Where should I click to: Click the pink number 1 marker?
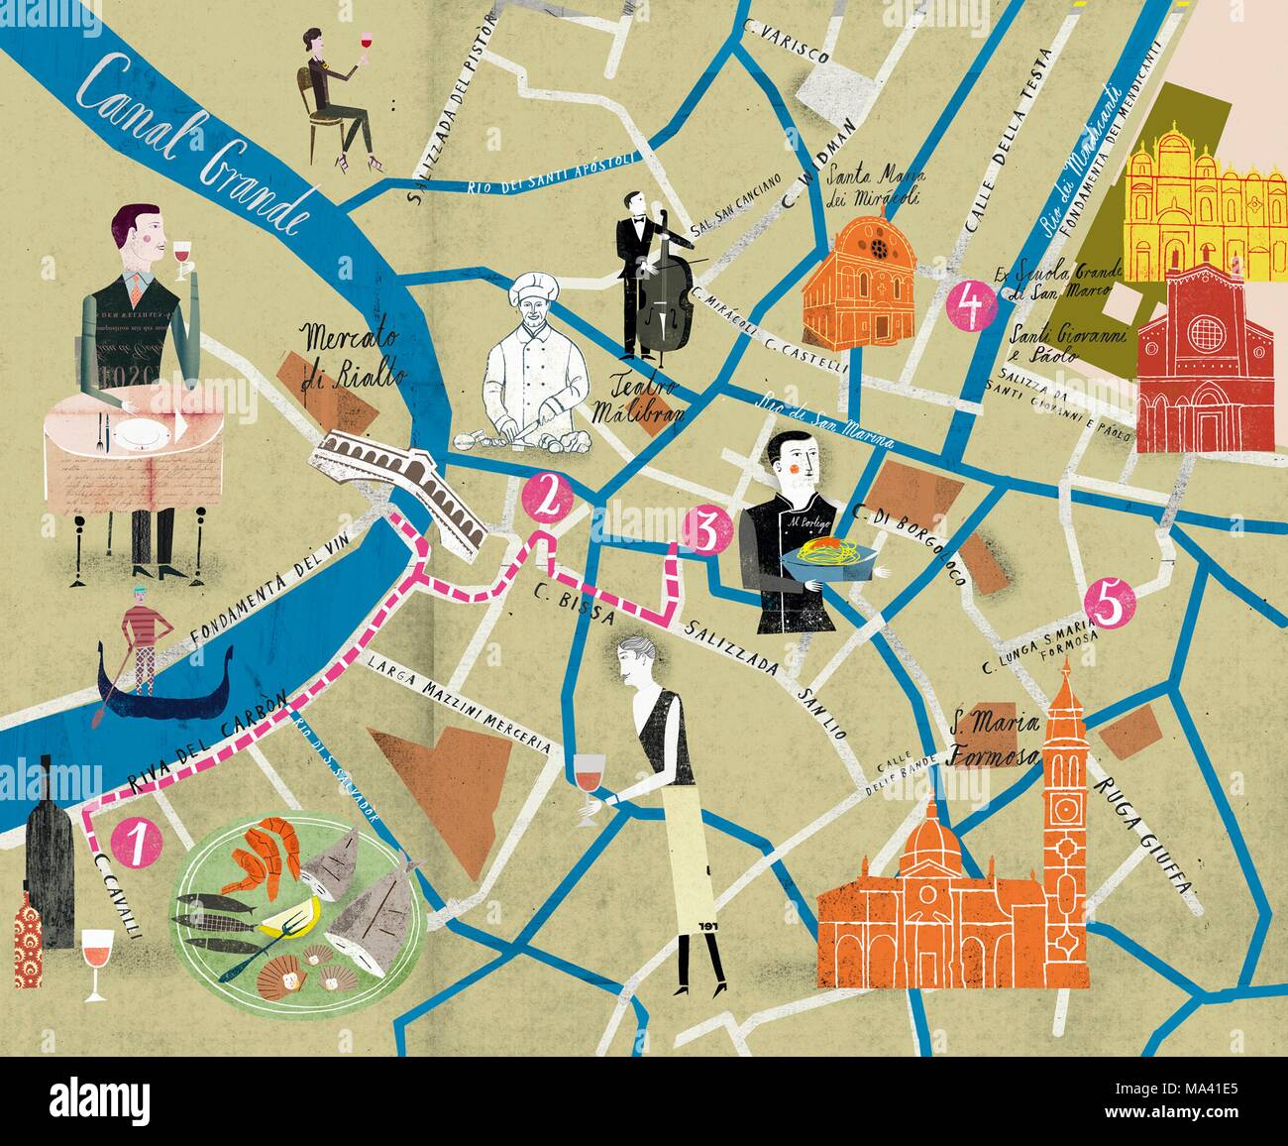coord(136,843)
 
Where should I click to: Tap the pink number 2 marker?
coord(546,499)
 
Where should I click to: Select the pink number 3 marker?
coord(706,531)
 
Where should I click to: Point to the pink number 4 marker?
coord(971,305)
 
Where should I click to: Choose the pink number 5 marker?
coord(1109,604)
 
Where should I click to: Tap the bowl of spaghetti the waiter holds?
coord(829,557)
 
